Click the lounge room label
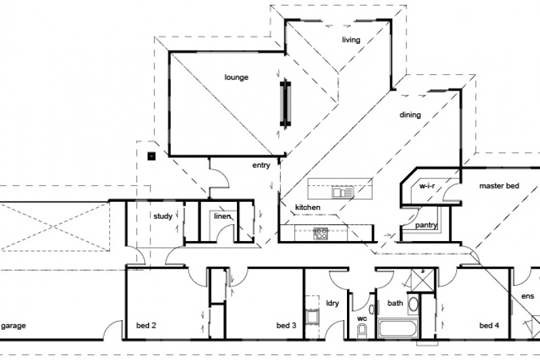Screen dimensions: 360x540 coord(236,78)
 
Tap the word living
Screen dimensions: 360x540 coord(351,40)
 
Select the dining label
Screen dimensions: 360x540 coord(410,115)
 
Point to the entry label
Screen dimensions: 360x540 coord(261,165)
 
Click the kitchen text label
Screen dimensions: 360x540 coord(307,207)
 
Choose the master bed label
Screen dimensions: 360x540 coord(499,185)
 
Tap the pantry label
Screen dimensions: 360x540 coord(426,225)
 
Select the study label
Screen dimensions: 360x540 coord(162,217)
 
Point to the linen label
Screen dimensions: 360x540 coord(223,217)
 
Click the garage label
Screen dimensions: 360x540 coord(13,326)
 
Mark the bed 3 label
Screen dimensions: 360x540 coord(286,326)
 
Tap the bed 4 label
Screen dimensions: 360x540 coord(489,326)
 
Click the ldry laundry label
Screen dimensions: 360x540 coord(331,303)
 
